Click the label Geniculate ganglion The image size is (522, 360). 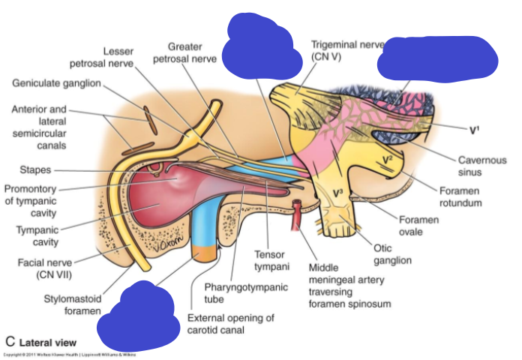click(x=56, y=82)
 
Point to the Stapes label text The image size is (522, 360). click(x=36, y=170)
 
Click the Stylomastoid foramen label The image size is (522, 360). click(x=75, y=304)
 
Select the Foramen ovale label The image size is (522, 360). click(x=418, y=226)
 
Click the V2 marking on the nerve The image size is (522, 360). click(x=385, y=158)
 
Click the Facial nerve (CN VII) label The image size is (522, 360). click(x=41, y=268)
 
